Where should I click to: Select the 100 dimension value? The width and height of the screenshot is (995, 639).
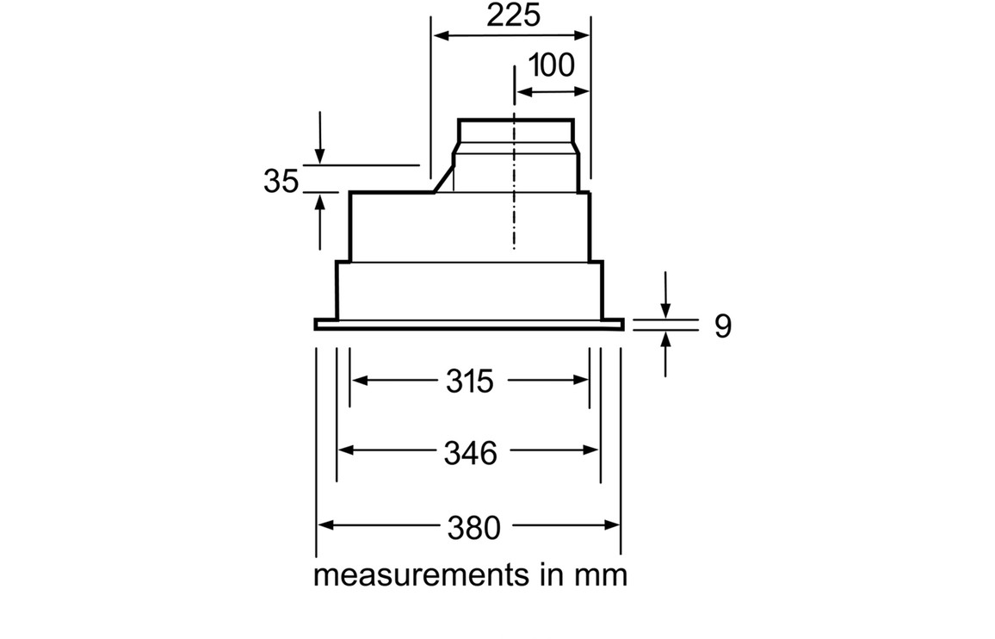(551, 65)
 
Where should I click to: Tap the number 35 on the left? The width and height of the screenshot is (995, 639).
(281, 182)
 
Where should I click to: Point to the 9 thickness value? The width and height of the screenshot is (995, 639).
(722, 326)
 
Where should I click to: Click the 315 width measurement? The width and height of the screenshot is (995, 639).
(470, 381)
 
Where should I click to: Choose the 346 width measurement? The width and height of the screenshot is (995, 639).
(470, 452)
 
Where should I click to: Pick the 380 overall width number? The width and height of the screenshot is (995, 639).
(473, 527)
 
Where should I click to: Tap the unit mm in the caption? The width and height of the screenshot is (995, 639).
(601, 575)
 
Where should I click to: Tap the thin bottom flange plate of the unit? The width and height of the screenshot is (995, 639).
(469, 324)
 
